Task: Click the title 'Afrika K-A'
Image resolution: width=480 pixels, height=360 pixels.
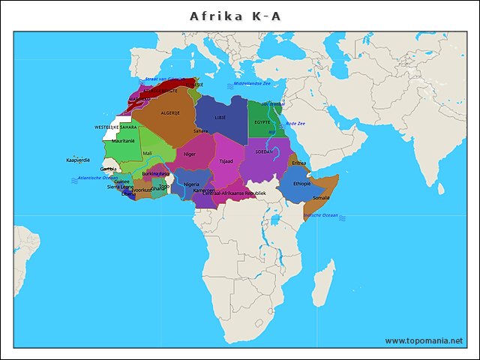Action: pyautogui.click(x=235, y=16)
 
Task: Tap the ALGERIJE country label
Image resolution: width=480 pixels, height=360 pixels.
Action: pyautogui.click(x=171, y=112)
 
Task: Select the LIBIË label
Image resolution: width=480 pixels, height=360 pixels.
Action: pyautogui.click(x=220, y=118)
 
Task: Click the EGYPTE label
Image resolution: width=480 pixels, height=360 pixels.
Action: pyautogui.click(x=262, y=121)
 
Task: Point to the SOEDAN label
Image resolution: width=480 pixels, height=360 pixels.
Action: pyautogui.click(x=265, y=151)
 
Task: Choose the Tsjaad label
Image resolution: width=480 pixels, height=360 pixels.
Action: pyautogui.click(x=226, y=161)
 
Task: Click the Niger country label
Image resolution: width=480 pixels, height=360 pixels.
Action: pyautogui.click(x=190, y=154)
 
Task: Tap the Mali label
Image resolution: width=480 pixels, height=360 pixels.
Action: pyautogui.click(x=147, y=154)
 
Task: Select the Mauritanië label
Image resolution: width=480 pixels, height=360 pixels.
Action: pyautogui.click(x=123, y=141)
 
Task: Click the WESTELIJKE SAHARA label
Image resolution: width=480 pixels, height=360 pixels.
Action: pyautogui.click(x=115, y=127)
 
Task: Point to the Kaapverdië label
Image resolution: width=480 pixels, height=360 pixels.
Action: pyautogui.click(x=78, y=160)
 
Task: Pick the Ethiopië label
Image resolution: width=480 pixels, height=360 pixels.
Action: pyautogui.click(x=301, y=183)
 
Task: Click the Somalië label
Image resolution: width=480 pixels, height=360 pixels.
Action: pyautogui.click(x=321, y=197)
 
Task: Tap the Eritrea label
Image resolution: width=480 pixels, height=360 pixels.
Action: pyautogui.click(x=299, y=163)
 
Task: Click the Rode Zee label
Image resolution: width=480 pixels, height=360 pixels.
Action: pyautogui.click(x=295, y=123)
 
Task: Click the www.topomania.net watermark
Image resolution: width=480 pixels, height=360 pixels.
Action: pyautogui.click(x=424, y=340)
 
